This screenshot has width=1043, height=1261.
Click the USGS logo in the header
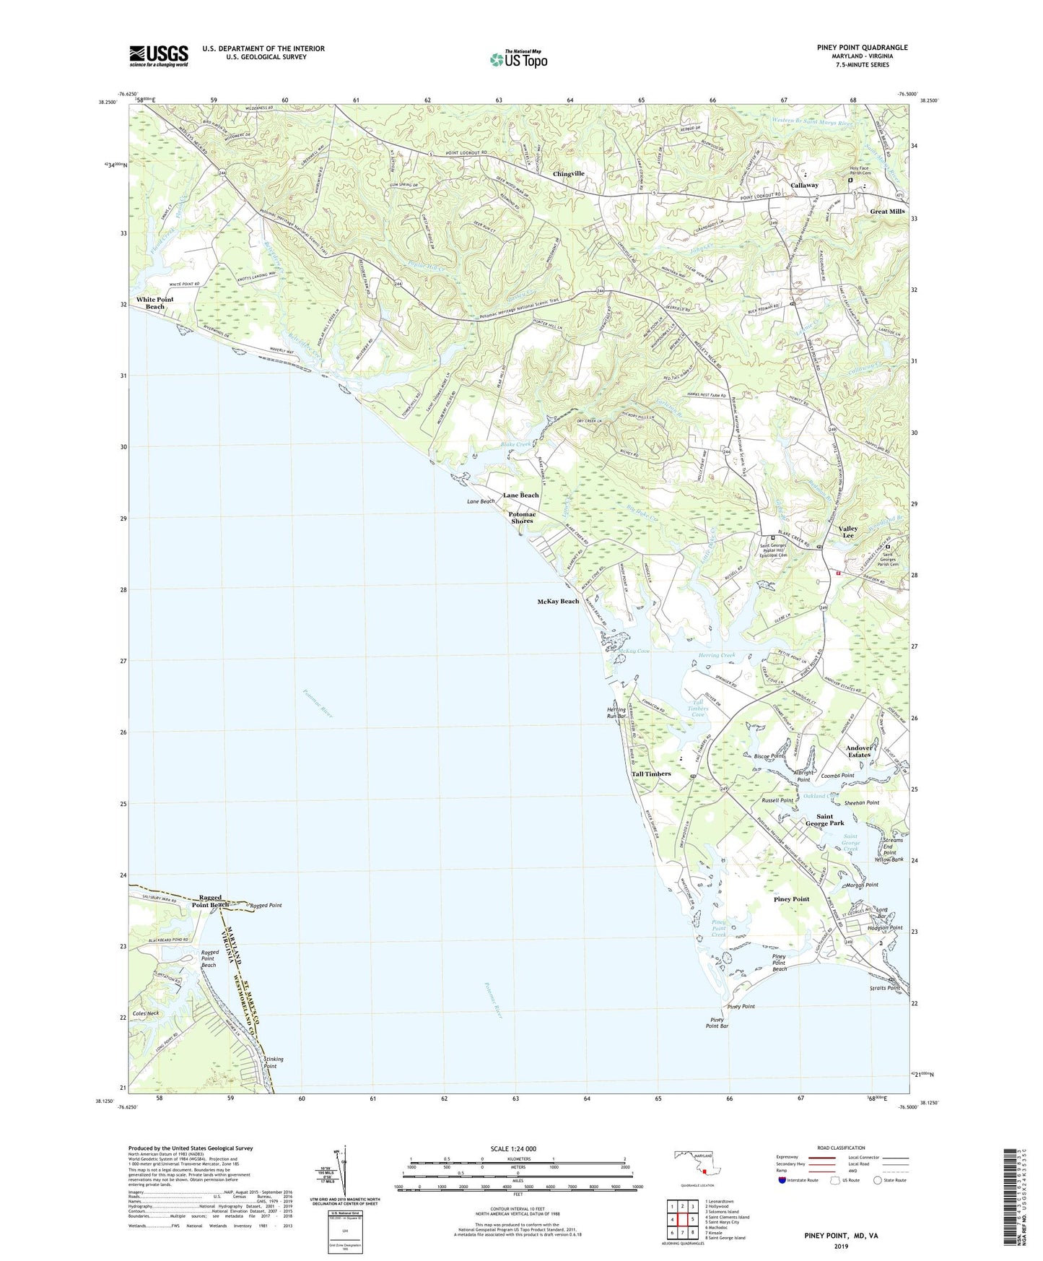[x=159, y=56]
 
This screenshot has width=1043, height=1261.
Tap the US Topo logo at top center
[x=518, y=59]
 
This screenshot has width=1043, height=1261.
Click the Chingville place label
[x=568, y=174]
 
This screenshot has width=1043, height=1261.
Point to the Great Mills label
[x=887, y=212]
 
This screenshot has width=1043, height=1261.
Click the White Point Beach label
[x=154, y=303]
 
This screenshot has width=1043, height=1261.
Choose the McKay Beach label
[x=558, y=601]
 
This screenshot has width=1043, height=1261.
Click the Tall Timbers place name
[x=651, y=773]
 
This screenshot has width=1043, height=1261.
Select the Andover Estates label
[x=859, y=751]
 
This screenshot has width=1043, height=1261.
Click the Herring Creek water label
[x=717, y=655]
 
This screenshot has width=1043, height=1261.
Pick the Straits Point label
[x=885, y=988]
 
